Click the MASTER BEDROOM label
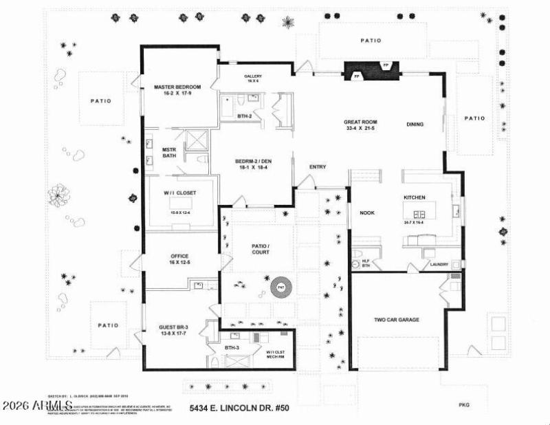coord(177,87)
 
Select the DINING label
coord(415,124)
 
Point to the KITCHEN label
coord(415,197)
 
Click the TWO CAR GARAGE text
coord(397,320)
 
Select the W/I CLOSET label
coord(179,193)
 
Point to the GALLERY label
coord(253,77)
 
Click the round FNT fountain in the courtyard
coord(280,287)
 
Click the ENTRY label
coord(318,167)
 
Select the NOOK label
coord(366,212)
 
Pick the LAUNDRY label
coord(439,264)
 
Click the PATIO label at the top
coord(371,41)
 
